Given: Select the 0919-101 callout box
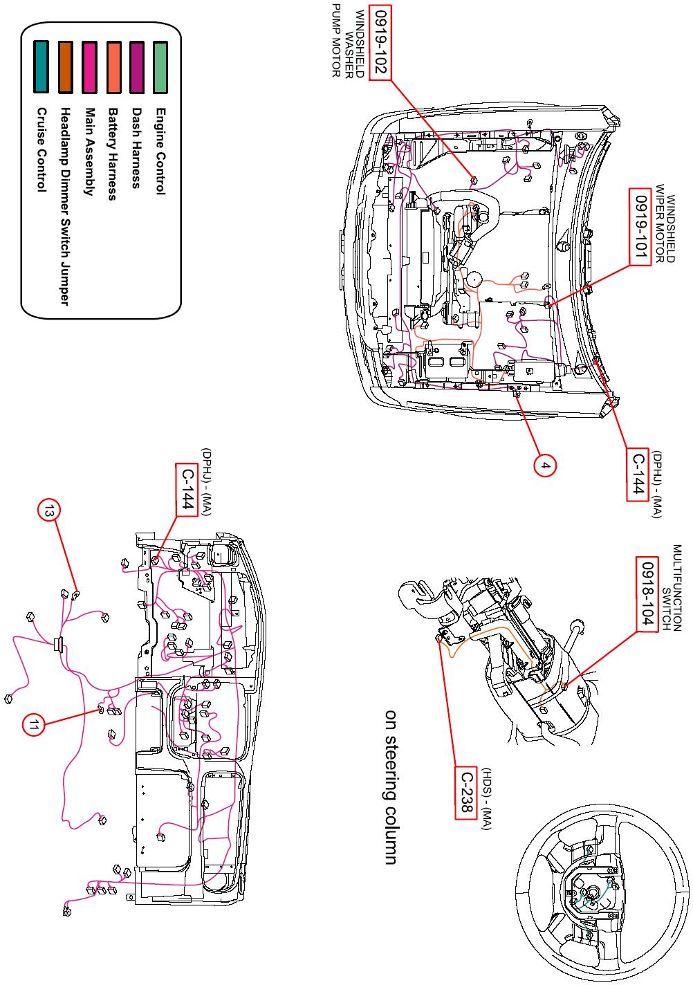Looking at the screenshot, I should click(x=639, y=226).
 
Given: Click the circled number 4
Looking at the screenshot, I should click(x=545, y=466).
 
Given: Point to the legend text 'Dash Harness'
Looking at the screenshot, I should click(x=136, y=147).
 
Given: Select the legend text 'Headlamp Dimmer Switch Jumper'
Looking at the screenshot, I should click(x=65, y=205).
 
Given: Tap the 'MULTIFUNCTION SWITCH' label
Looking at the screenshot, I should click(x=672, y=587).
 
